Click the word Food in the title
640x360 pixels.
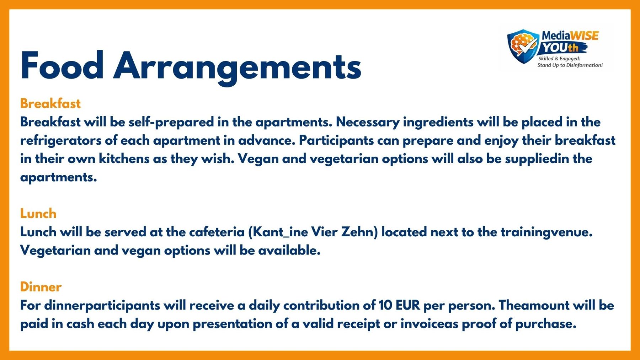62,65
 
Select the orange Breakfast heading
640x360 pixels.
50,103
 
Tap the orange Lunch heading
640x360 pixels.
38,214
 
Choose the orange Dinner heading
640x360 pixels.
41,287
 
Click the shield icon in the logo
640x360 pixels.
523,46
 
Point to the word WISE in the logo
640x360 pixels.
584,36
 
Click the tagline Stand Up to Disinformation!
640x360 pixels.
570,65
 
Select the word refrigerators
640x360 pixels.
61,141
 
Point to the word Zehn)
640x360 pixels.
359,232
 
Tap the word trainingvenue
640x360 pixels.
547,232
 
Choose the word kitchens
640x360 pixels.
124,159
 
